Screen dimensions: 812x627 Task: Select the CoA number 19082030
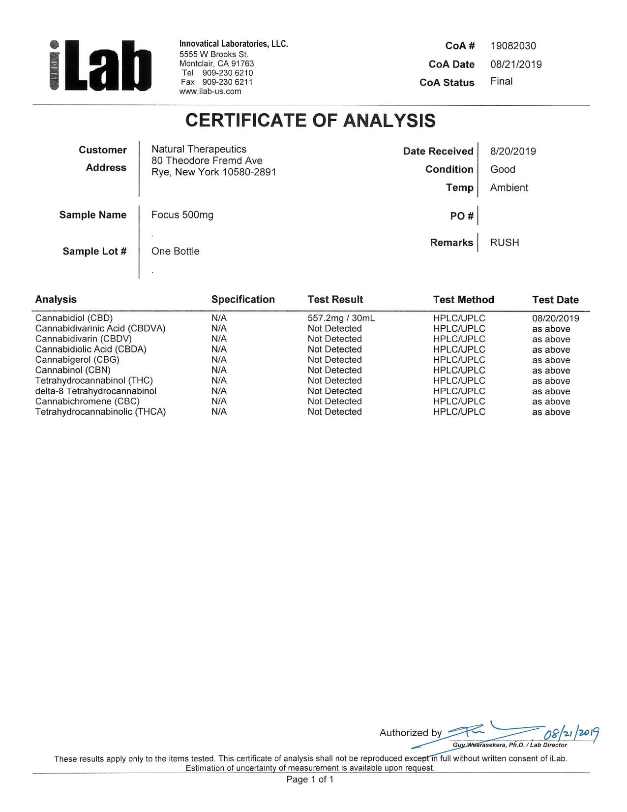(513, 46)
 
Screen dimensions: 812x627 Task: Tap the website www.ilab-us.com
(210, 91)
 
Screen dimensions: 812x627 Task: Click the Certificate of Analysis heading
(310, 121)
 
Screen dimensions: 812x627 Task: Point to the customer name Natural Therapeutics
(199, 149)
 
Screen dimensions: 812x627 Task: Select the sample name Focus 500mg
(182, 215)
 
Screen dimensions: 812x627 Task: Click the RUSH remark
(504, 242)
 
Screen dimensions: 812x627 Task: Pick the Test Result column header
(335, 299)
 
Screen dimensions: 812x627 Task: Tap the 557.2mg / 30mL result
(341, 318)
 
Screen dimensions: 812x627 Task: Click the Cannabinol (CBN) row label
(73, 370)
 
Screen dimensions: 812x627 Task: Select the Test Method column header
(463, 300)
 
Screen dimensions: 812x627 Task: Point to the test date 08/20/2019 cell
(555, 318)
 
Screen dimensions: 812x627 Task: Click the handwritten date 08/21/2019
(571, 734)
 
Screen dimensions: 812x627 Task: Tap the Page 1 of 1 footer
(310, 779)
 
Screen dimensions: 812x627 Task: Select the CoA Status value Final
(501, 81)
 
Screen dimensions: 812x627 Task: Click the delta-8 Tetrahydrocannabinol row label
(95, 391)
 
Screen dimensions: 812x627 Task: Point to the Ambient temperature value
(509, 187)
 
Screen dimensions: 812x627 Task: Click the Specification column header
(243, 299)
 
